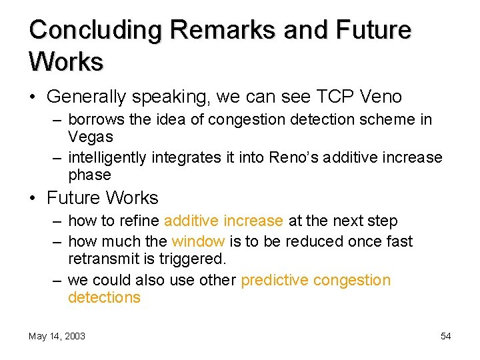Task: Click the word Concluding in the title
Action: coord(95,31)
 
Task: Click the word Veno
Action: coord(381,97)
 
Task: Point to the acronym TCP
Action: coord(333,97)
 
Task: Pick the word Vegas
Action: coord(91,137)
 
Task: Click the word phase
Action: coord(89,175)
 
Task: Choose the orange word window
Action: coord(197,241)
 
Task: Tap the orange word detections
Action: coord(104,297)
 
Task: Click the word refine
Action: coord(141,221)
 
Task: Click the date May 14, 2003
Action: coord(57,336)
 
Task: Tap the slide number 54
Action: coord(445,336)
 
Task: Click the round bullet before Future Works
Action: coord(33,199)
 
